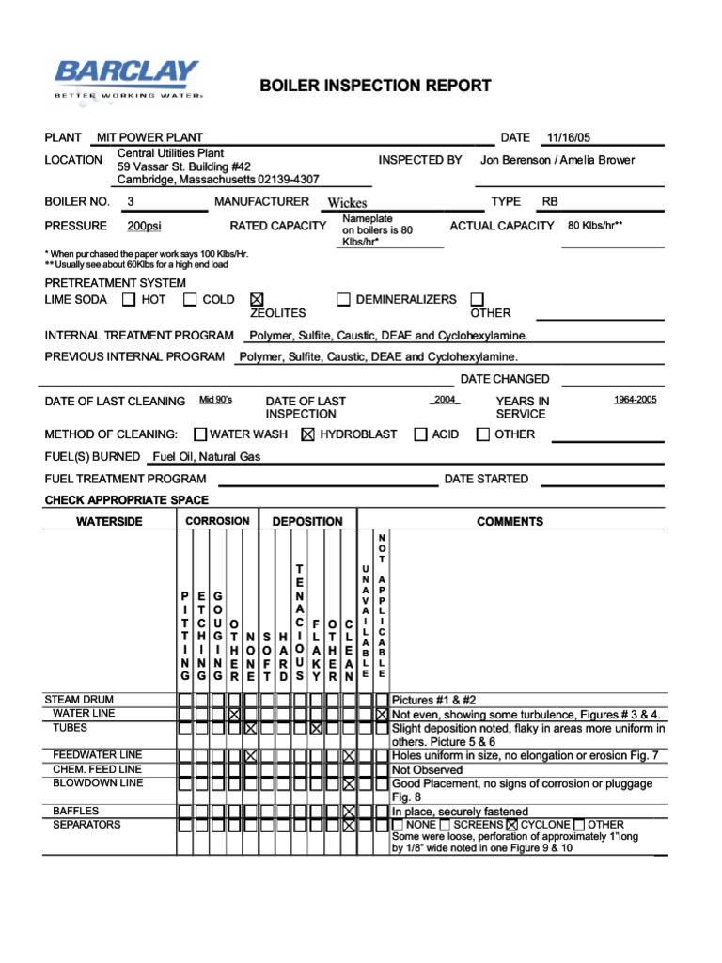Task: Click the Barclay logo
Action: coord(127,79)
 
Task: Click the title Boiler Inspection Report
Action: coord(375,86)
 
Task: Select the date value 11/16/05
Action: coord(569,137)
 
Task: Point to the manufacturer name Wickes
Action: coord(347,202)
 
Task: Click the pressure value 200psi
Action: coord(144,226)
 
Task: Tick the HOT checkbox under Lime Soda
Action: coord(129,300)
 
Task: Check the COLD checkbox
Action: coord(190,300)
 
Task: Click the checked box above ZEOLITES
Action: coord(257,299)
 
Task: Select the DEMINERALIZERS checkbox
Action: coord(344,300)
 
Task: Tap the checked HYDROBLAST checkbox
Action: coord(306,434)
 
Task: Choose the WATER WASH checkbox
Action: coord(200,434)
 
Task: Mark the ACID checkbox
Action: coord(420,434)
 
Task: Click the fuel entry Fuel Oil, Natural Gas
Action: coord(207,457)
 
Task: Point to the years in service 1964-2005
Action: coord(636,400)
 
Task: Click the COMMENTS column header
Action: coord(510,521)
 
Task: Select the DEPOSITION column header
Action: coord(307,521)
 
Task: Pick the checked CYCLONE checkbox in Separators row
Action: coord(512,825)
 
